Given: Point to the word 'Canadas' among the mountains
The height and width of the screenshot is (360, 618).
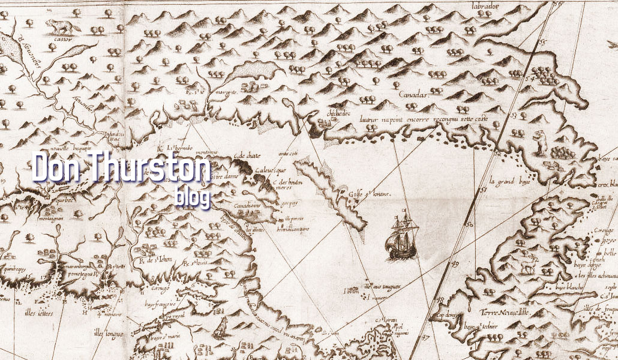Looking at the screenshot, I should tap(414, 95).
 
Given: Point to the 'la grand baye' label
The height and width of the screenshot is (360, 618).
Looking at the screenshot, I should tap(508, 180).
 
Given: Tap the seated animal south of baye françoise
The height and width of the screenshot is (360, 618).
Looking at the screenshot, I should tap(221, 326).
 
